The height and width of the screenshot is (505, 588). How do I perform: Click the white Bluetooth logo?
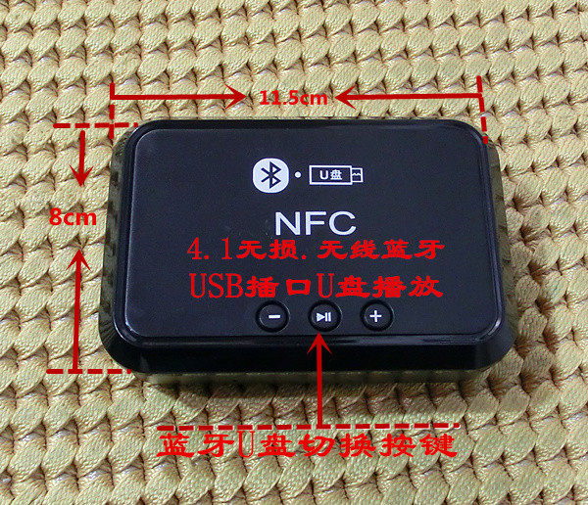[x=270, y=175]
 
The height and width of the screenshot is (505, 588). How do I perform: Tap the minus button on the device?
[x=273, y=317]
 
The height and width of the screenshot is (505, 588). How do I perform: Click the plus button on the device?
[x=376, y=317]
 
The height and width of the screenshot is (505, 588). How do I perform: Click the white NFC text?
[x=315, y=223]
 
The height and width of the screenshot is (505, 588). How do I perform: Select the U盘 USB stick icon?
[x=336, y=175]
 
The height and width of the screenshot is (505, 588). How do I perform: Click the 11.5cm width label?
[x=293, y=98]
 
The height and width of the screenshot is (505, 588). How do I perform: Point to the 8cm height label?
[x=73, y=217]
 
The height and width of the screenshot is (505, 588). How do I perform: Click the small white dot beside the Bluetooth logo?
[x=298, y=174]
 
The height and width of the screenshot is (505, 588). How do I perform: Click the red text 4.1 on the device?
[x=211, y=251]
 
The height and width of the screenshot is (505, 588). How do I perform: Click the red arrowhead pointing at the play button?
[x=319, y=342]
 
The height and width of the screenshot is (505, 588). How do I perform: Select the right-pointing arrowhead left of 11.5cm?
[x=235, y=98]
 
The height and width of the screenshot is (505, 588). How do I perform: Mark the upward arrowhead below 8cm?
[x=78, y=260]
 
